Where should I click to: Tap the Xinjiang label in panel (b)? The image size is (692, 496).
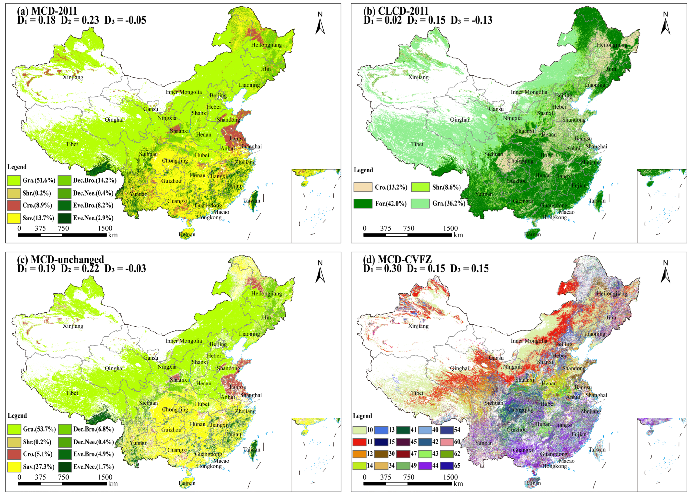tap(418, 77)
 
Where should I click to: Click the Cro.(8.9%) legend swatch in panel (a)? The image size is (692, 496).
tap(14, 205)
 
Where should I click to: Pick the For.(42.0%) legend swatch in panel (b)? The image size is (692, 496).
tap(363, 203)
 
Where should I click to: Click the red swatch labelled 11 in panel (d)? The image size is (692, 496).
tap(359, 442)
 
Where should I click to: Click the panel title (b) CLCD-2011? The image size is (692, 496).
tap(396, 11)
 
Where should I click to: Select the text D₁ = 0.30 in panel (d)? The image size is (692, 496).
tap(382, 269)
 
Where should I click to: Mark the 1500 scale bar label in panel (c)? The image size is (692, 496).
tap(105, 477)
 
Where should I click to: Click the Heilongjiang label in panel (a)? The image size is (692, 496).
tap(266, 45)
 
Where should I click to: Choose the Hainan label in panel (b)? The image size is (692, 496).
tap(532, 234)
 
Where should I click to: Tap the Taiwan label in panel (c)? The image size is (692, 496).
tap(251, 449)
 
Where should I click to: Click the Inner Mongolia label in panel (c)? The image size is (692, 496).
tap(183, 341)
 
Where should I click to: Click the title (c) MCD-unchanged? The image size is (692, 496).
tap(60, 259)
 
